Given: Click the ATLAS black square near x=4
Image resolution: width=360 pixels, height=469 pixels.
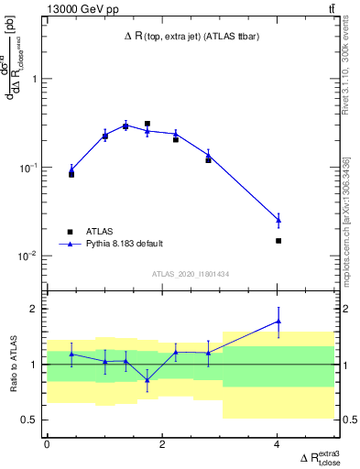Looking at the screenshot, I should pos(278,241).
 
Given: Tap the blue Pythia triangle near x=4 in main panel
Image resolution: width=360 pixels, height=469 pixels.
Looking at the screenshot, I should pos(278,220).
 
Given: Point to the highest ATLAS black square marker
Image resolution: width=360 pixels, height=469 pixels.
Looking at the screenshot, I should pos(147,124).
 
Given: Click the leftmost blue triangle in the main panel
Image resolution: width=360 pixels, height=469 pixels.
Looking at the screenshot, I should pos(71,169).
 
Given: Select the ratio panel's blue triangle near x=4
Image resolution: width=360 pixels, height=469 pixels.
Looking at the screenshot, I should pos(278,322).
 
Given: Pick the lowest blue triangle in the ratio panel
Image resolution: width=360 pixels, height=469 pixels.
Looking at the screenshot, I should pos(147,379).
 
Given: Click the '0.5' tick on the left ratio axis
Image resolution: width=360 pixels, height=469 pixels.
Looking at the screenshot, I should pos(30,420).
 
